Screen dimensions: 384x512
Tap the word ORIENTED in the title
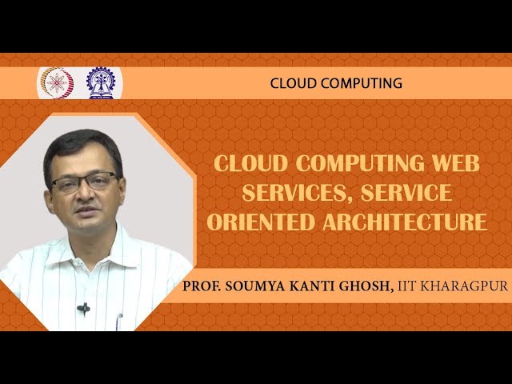click(254, 221)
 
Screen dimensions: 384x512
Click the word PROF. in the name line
click(202, 286)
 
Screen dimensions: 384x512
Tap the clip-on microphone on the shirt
click(83, 308)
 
